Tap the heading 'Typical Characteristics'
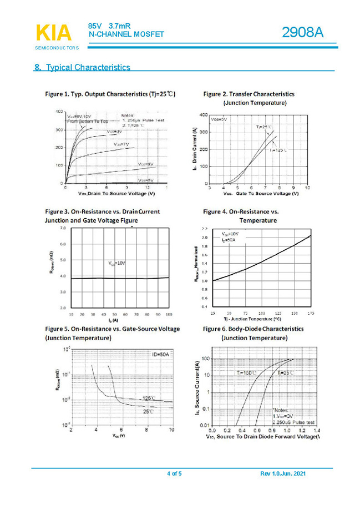(88, 68)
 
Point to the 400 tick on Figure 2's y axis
(204, 114)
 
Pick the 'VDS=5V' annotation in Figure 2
(219, 119)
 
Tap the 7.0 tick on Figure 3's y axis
(62, 228)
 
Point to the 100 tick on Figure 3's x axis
(168, 314)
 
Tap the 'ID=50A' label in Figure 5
(161, 354)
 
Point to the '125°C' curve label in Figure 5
(149, 398)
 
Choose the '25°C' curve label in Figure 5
(148, 411)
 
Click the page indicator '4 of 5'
(174, 473)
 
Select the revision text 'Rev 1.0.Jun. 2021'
(282, 473)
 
